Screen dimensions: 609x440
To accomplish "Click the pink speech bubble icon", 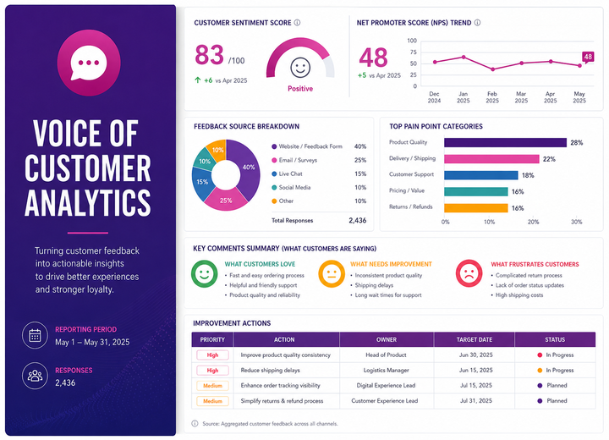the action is point(89,63).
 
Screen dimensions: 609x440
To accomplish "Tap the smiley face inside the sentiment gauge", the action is point(300,68).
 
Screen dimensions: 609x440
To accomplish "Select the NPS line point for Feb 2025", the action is point(492,69).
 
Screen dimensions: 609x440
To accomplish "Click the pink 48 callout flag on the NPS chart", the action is point(588,58).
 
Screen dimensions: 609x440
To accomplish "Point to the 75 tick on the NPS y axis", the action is point(413,52).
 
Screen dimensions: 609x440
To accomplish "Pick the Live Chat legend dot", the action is point(274,173).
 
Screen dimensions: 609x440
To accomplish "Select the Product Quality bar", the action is point(505,143).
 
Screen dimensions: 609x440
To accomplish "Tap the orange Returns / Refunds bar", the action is point(476,208).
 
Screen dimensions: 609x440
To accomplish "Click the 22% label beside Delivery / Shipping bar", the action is point(549,159).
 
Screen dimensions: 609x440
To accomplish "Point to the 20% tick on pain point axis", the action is point(533,222).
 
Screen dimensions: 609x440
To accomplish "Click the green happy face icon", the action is point(205,273).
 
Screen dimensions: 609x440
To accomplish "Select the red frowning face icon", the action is point(469,273).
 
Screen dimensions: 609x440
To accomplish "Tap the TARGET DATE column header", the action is point(475,339).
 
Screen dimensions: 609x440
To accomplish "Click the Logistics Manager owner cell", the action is point(386,370).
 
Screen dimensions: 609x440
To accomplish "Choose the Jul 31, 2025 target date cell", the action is point(475,401).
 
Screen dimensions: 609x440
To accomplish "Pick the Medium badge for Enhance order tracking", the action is point(212,386).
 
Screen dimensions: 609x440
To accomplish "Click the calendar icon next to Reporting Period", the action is point(35,335).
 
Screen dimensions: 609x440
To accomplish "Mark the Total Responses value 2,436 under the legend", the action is point(357,220).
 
